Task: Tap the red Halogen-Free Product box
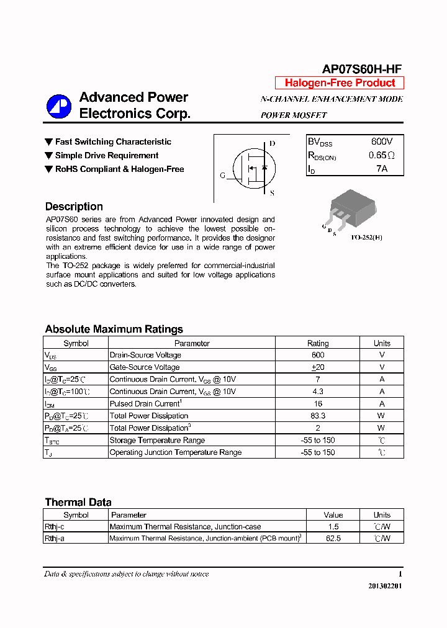[x=340, y=83]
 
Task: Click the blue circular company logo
[x=59, y=106]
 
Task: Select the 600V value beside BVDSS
[x=382, y=141]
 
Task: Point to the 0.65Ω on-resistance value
[x=382, y=155]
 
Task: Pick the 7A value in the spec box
[x=382, y=168]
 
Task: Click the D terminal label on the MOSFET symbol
[x=272, y=143]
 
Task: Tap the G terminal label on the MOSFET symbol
[x=223, y=176]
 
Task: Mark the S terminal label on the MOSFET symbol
[x=272, y=193]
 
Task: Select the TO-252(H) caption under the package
[x=366, y=237]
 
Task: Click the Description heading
[x=74, y=207]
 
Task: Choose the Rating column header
[x=318, y=343]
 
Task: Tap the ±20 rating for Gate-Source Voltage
[x=318, y=367]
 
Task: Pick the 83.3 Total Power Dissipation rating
[x=318, y=416]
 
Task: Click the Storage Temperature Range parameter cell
[x=157, y=440]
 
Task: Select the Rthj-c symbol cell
[x=55, y=526]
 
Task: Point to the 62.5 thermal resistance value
[x=333, y=539]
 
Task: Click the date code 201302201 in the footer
[x=385, y=586]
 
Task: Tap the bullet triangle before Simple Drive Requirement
[x=49, y=156]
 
